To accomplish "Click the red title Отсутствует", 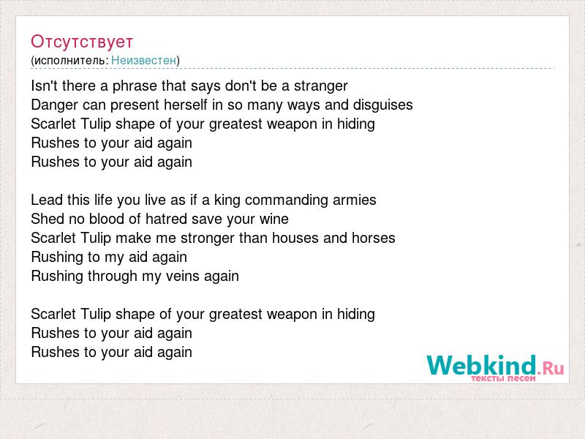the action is (82, 42).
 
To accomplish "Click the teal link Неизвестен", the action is (143, 60).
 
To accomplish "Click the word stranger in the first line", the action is (321, 86).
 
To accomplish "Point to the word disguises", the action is (382, 105).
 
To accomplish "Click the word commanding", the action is (287, 200).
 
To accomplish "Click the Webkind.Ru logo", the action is (495, 366).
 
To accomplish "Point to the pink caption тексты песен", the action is (503, 378).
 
